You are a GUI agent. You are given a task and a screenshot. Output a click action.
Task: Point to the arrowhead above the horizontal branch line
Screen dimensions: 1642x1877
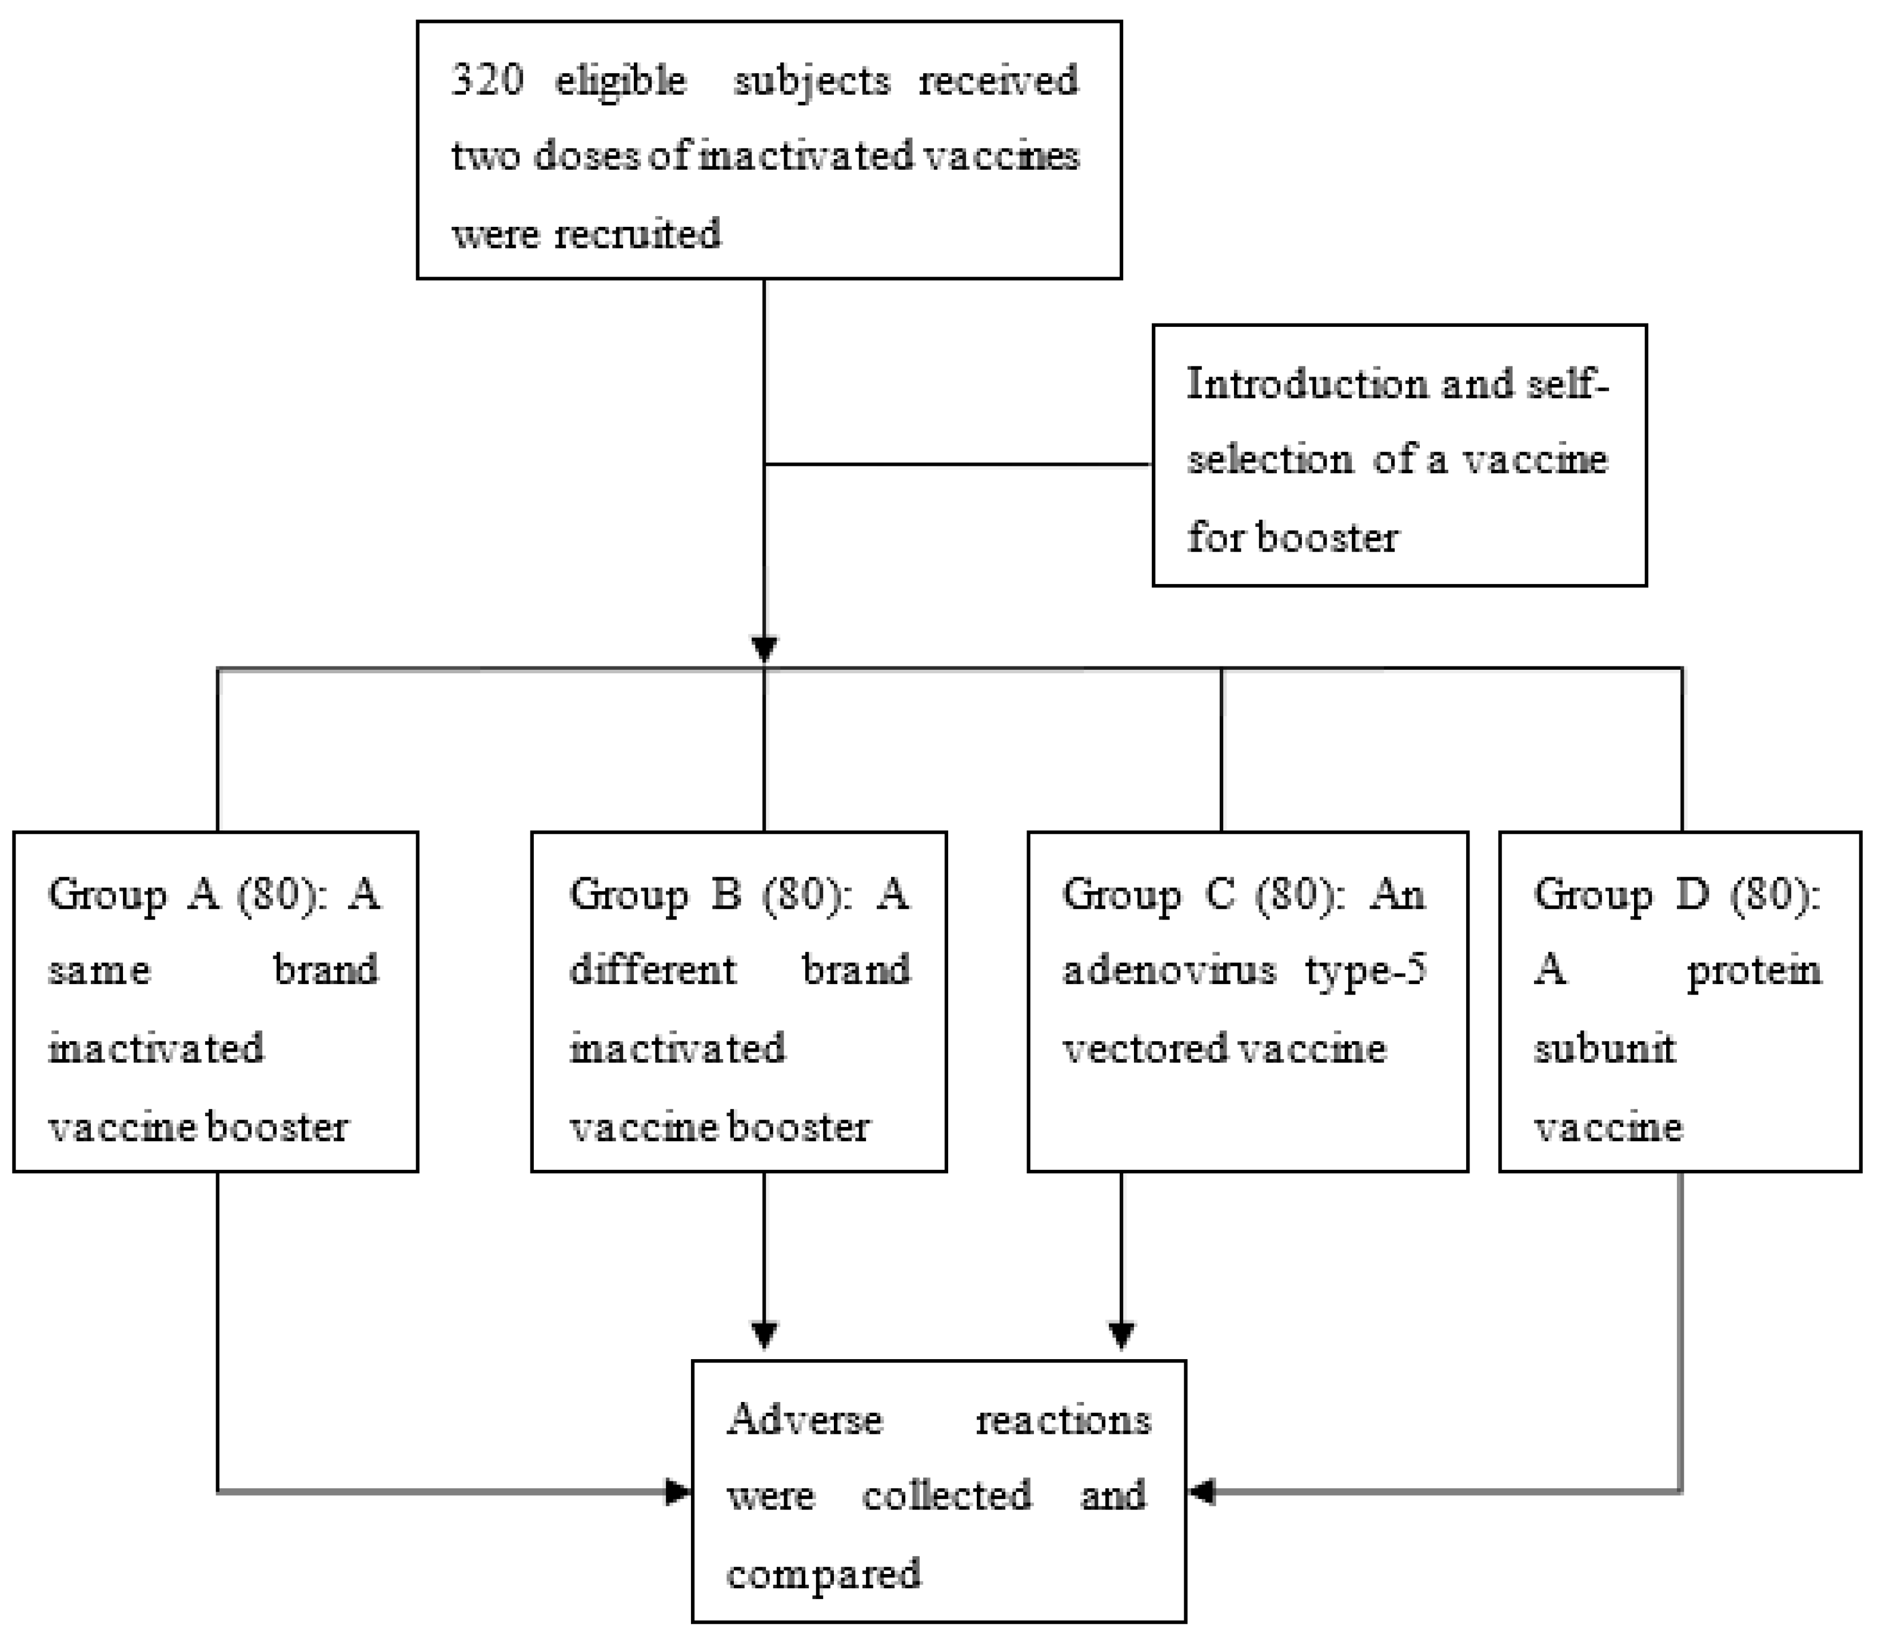pos(764,649)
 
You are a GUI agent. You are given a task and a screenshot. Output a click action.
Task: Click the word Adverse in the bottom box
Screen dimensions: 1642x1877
pos(805,1420)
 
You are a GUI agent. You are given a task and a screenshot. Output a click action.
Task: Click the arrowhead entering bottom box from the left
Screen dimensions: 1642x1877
pos(678,1493)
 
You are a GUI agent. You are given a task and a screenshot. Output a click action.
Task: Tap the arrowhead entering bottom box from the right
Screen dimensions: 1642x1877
pos(1201,1493)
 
